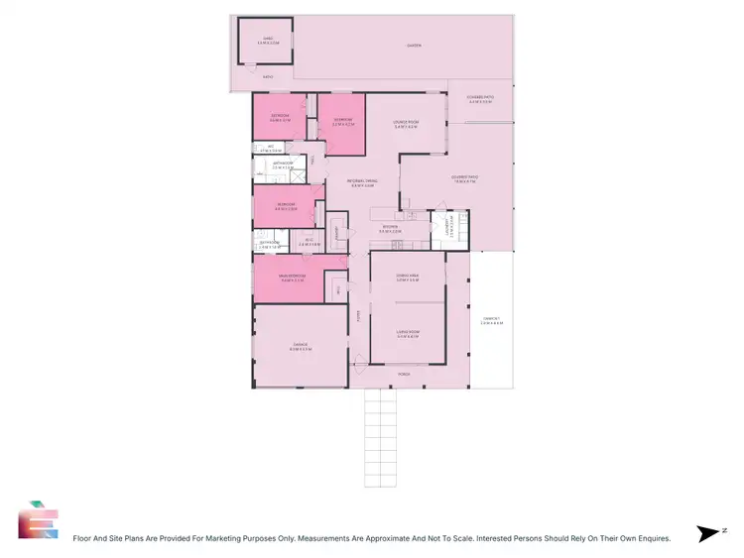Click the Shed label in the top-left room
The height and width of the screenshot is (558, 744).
pos(265,41)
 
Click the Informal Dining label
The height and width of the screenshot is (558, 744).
pos(363,182)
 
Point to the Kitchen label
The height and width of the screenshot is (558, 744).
pos(394,229)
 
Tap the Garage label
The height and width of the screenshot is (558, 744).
pos(301,349)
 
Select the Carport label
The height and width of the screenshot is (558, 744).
pos(491,321)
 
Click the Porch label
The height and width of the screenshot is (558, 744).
pos(404,375)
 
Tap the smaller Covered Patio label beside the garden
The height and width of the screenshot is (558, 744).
pos(480,99)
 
